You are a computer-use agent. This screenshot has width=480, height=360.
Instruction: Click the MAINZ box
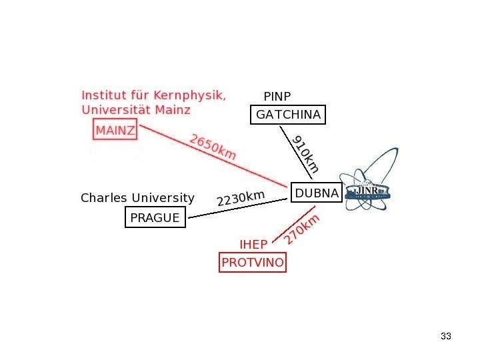coord(115,130)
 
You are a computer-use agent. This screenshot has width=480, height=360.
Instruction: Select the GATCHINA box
coord(288,115)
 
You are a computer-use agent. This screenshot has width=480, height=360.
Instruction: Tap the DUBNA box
coord(317,193)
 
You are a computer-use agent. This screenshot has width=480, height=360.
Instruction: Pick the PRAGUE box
coord(155,217)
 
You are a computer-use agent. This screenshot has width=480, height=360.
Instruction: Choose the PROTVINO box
coord(253,263)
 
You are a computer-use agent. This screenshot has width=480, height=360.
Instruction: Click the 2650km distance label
coord(213,147)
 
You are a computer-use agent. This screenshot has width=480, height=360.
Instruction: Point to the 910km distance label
coord(306,154)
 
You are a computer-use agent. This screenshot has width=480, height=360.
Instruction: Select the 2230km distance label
coord(241,198)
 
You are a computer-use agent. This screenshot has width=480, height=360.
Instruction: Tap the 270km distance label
coord(302,229)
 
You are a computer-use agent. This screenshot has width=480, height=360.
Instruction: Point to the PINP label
coord(277,96)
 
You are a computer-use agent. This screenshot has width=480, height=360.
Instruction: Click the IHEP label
coord(253,245)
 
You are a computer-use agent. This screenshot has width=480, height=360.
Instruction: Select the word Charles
coord(104,198)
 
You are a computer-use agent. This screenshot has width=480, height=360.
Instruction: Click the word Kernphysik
coord(193,95)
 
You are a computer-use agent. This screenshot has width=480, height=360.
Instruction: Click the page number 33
coord(446,336)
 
